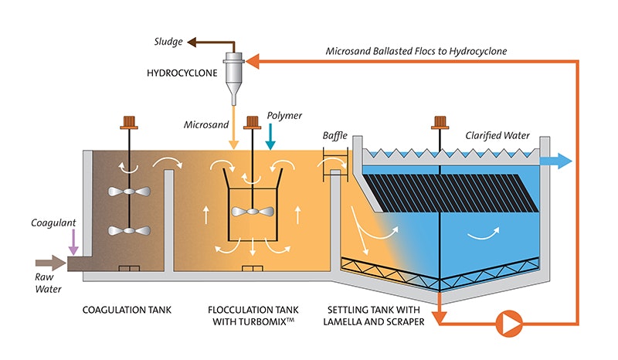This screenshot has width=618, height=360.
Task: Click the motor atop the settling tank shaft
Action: (x=440, y=122)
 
